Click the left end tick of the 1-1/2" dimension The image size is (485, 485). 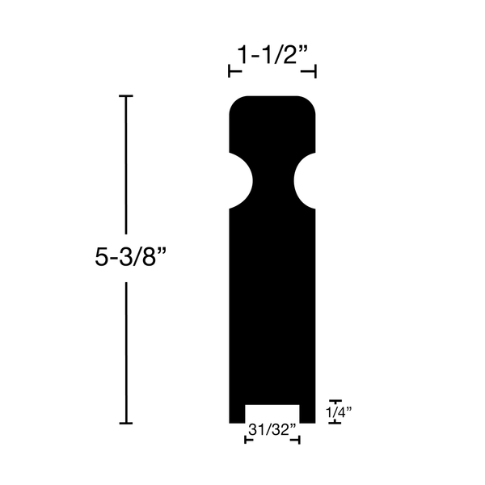coord(230,73)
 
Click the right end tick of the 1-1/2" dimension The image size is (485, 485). coord(314,73)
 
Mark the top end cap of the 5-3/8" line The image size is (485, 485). coord(125,96)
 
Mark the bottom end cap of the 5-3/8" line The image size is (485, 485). coord(125,423)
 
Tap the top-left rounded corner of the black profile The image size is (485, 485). coord(236,103)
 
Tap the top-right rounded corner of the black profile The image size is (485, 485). coord(309,103)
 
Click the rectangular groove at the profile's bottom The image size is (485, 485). coord(272,413)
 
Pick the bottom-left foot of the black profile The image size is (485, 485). coord(238,413)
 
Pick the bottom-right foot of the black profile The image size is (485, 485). coord(308,413)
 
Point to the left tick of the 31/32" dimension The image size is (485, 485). coord(246,440)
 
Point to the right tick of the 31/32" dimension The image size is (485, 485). coord(300,440)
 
